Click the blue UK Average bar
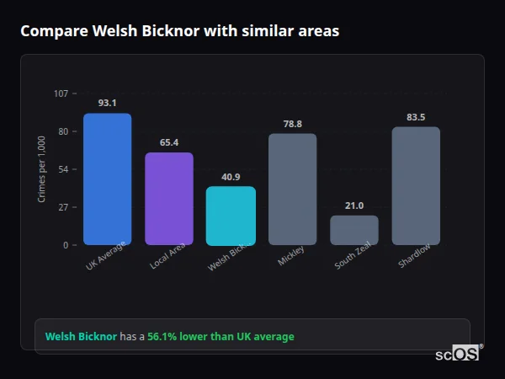[x=107, y=179]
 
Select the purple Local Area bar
[x=168, y=199]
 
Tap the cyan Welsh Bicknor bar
[x=231, y=216]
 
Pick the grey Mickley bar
[x=292, y=189]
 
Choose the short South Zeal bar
[x=353, y=230]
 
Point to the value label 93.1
[x=107, y=103]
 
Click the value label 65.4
[x=168, y=142]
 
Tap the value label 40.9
[x=231, y=177]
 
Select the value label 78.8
[x=292, y=124]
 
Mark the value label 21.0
[x=353, y=206]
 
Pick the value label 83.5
[x=416, y=117]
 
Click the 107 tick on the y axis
[x=61, y=93]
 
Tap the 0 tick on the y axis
[x=65, y=245]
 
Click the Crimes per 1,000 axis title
[x=42, y=169]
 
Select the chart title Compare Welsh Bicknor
[x=179, y=31]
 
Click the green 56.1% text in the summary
[x=221, y=337]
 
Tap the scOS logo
[x=459, y=354]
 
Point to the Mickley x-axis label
[x=290, y=256]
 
